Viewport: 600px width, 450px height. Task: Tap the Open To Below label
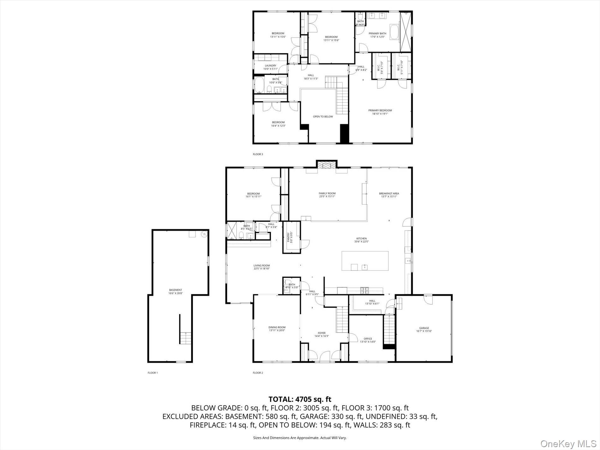[323, 117]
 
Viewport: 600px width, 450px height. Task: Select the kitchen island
[365, 261]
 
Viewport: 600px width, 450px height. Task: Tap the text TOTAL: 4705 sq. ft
[300, 399]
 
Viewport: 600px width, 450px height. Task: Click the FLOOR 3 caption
[258, 154]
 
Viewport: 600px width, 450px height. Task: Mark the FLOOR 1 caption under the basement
[153, 373]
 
